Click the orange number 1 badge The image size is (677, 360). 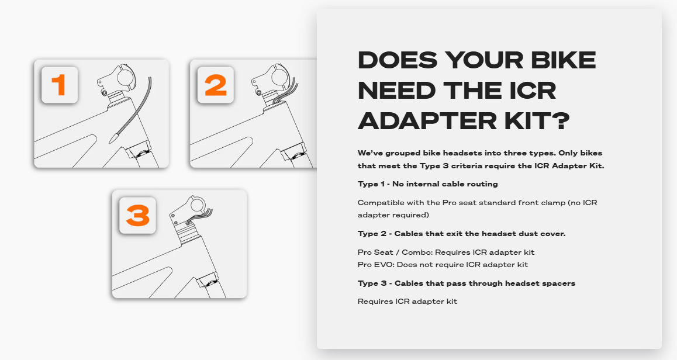(59, 85)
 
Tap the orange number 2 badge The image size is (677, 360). (216, 85)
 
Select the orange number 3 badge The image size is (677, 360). (137, 216)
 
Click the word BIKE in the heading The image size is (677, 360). (561, 60)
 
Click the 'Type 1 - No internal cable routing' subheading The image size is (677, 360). (427, 184)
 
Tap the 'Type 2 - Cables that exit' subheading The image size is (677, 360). (461, 234)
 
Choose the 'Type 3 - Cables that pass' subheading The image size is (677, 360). (466, 283)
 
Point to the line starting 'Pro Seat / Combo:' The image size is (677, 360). (445, 252)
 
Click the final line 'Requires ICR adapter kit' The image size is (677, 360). (407, 302)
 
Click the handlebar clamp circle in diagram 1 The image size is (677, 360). (127, 77)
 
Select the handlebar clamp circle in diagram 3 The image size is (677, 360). (199, 206)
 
